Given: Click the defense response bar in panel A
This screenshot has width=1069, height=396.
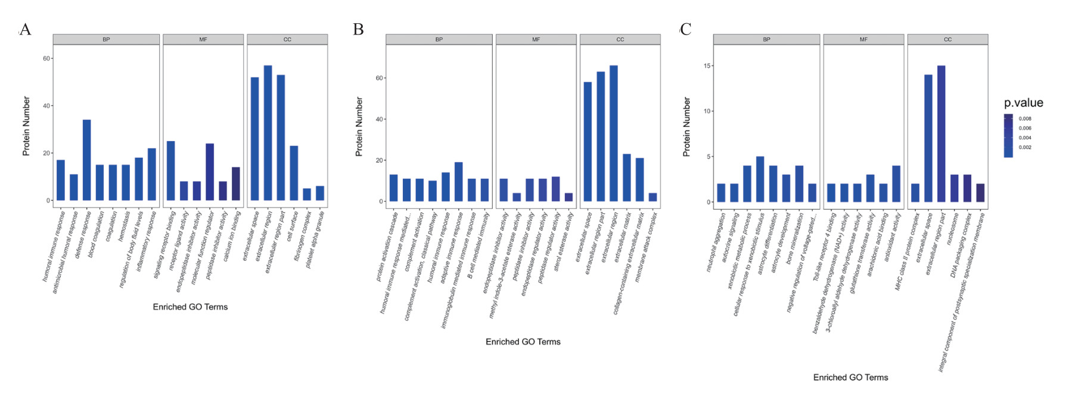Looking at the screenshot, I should [87, 160].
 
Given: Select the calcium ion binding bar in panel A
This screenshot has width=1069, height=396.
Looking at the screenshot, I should [236, 184].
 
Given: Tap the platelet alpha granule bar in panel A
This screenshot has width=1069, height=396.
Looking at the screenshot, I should [320, 193].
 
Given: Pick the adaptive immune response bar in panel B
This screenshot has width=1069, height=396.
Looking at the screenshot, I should [458, 182].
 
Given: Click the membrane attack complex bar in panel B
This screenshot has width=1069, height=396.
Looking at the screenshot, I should [652, 197].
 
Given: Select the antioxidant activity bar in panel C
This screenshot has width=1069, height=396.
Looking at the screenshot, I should [896, 184].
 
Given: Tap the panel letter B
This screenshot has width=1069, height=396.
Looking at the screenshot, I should [358, 30].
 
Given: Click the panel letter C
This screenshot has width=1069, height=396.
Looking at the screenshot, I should [686, 30].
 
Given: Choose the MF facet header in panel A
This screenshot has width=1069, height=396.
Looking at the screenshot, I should [203, 39].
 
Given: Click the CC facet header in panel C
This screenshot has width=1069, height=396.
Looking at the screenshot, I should [947, 39].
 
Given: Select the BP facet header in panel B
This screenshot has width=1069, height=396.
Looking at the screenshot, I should [439, 39].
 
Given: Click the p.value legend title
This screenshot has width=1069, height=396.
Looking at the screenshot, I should [1023, 103].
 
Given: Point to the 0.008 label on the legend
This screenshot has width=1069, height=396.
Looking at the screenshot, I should [1025, 119].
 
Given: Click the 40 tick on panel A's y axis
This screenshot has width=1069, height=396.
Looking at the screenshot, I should [46, 106].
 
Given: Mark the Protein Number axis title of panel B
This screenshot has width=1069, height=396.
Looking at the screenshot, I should [359, 127].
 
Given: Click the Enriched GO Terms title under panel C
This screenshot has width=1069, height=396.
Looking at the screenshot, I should [850, 378].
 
